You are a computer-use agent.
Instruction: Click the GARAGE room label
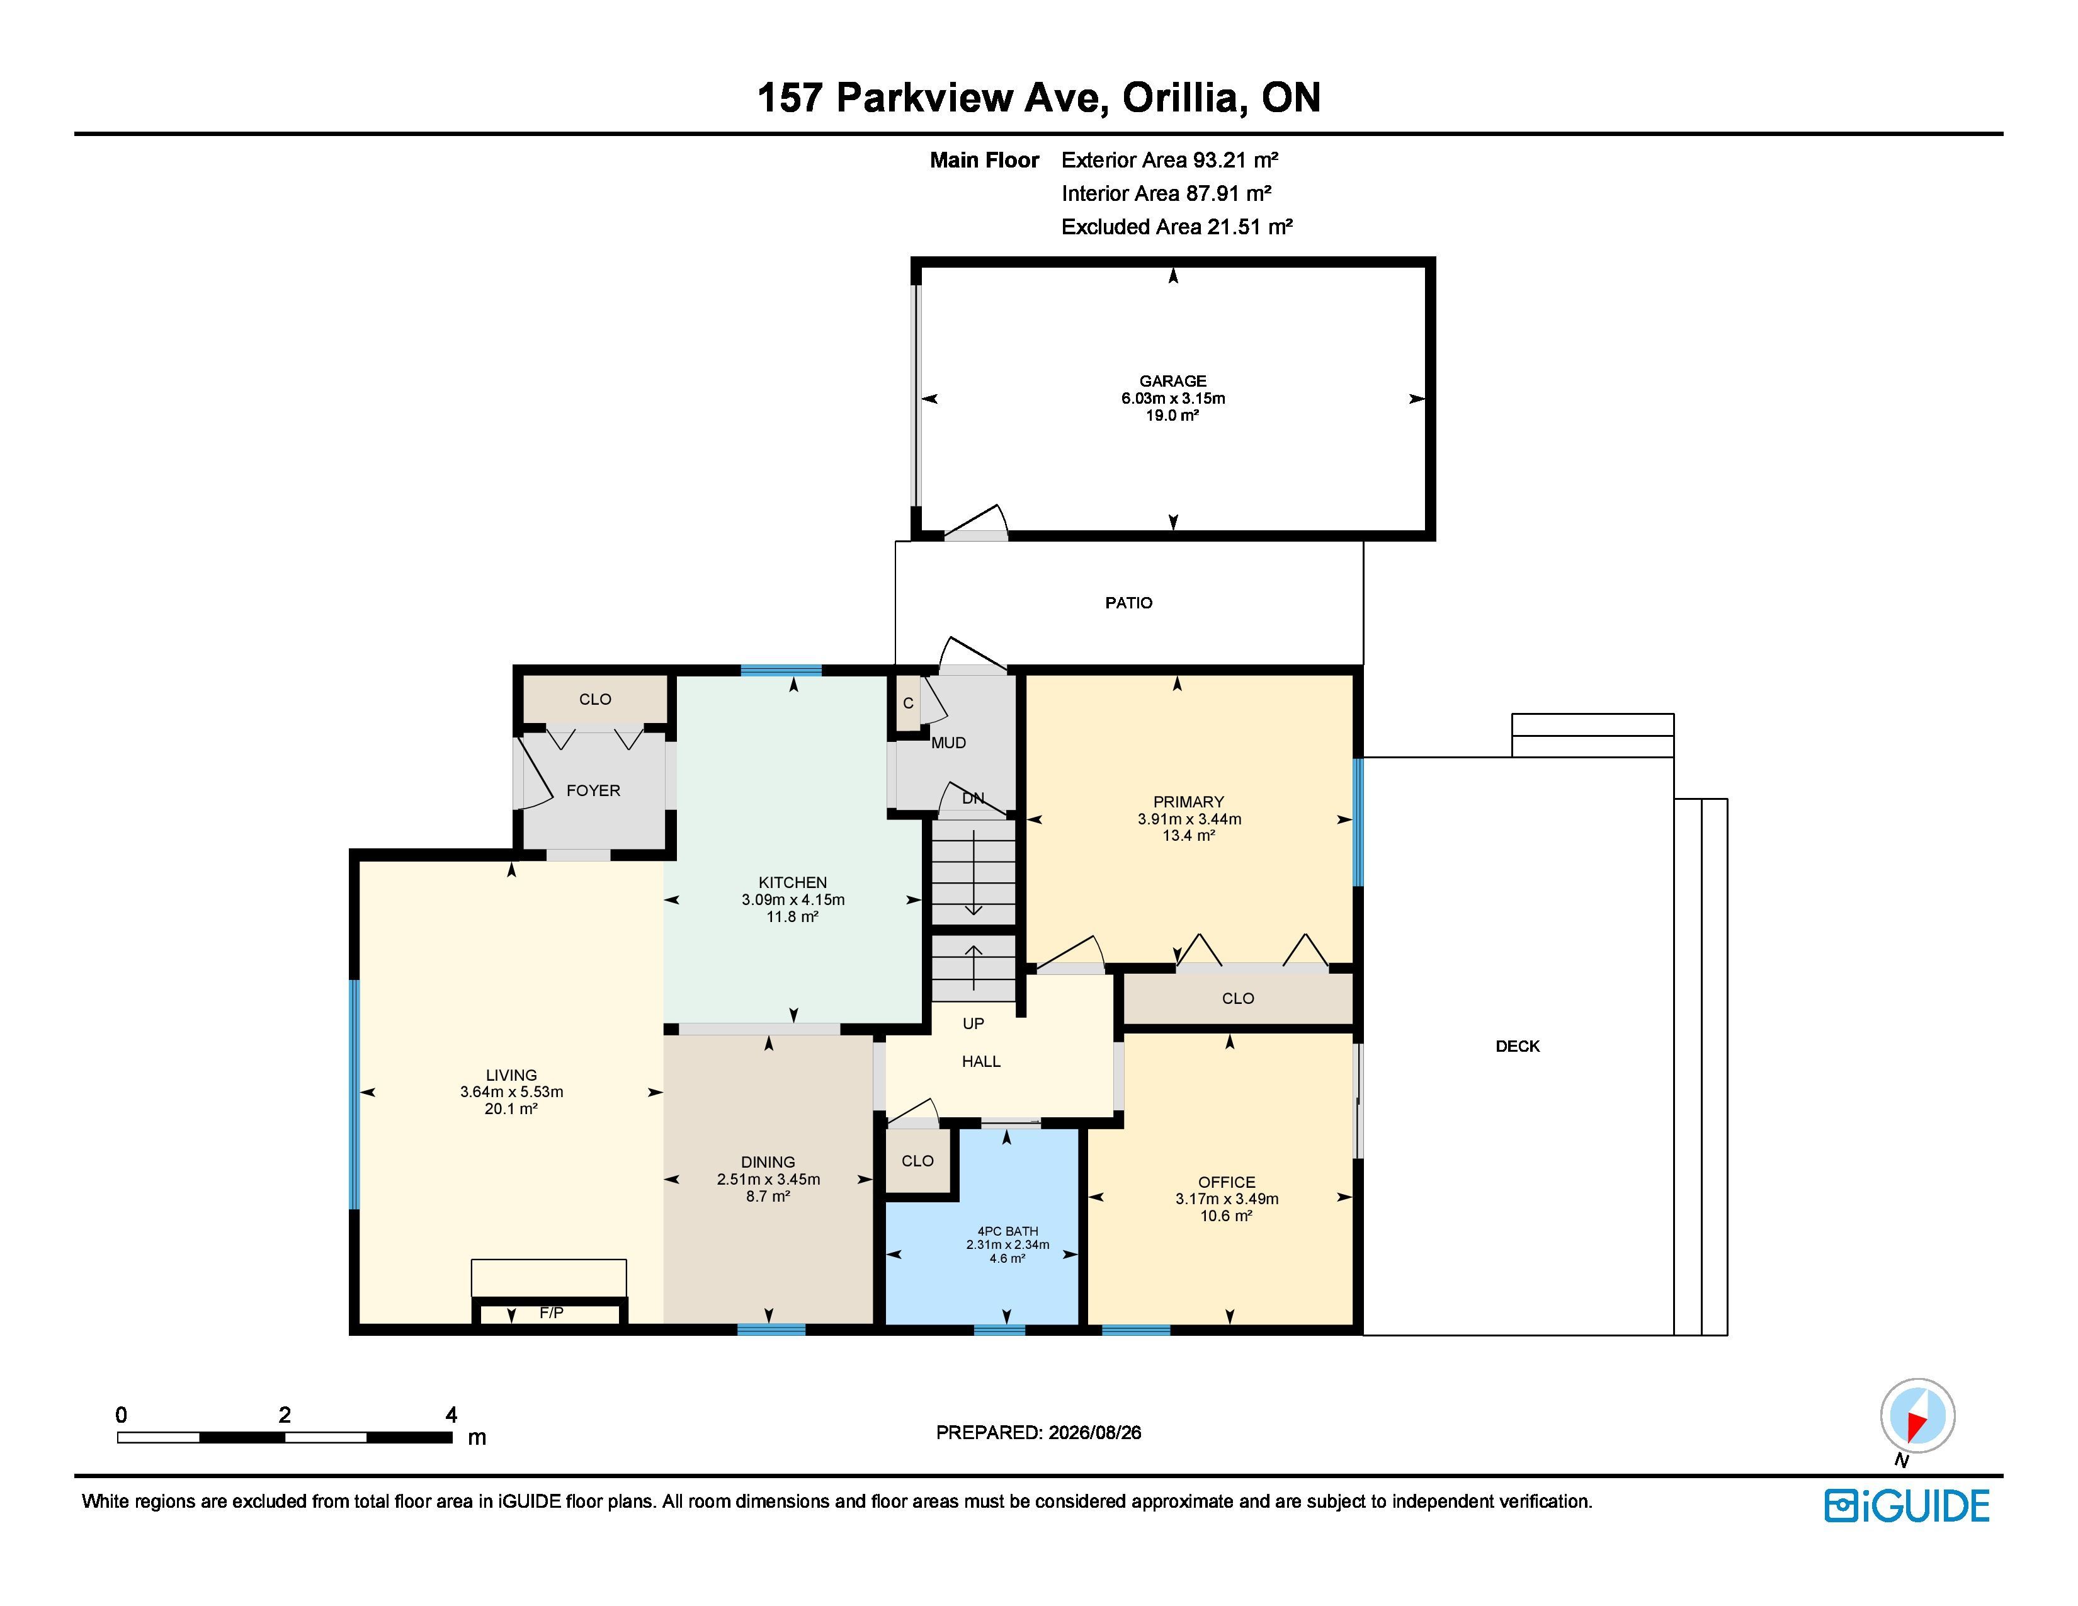1172,380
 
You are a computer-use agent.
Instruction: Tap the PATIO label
1128,602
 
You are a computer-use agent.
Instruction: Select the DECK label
1517,1045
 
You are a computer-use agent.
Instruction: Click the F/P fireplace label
551,1312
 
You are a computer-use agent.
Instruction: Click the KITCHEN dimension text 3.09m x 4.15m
793,899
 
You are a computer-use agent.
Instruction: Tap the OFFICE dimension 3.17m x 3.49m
1227,1199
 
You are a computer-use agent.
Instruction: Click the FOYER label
593,790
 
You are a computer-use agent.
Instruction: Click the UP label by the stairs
972,1023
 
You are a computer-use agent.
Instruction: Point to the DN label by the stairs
972,798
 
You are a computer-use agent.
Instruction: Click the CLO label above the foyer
594,699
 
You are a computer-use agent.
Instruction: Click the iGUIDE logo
1906,1505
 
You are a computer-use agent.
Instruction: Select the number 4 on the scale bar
451,1415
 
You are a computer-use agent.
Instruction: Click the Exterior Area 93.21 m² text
1169,160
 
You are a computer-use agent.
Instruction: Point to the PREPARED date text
1038,1433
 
